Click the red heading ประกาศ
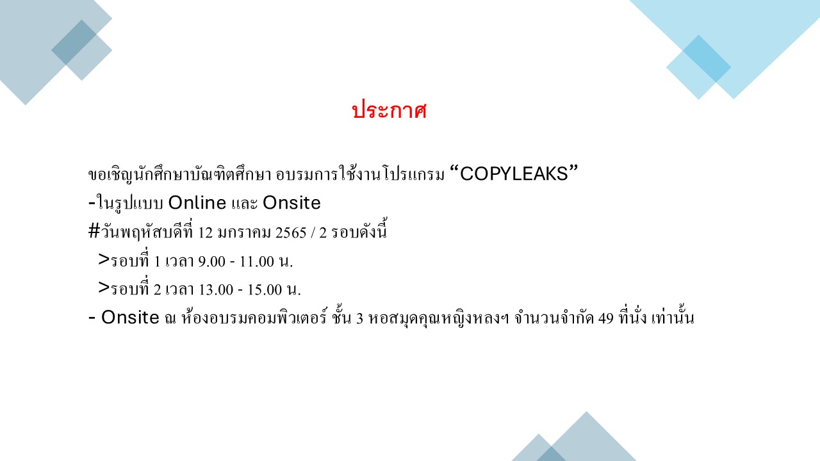click(x=389, y=109)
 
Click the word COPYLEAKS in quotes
click(x=514, y=174)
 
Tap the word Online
click(x=197, y=203)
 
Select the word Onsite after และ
click(x=291, y=203)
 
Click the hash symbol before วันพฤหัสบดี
click(x=94, y=231)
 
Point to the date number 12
click(x=206, y=232)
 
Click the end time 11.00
click(x=257, y=261)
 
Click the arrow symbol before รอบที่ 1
click(x=104, y=260)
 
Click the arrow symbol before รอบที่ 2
click(x=104, y=288)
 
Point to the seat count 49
click(x=606, y=318)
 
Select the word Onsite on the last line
click(x=130, y=317)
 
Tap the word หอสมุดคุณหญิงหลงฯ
click(x=439, y=318)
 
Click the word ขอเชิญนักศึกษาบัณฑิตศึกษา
click(x=180, y=174)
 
